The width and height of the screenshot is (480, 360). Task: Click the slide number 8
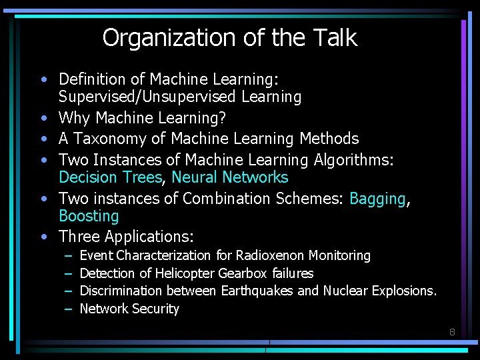click(451, 331)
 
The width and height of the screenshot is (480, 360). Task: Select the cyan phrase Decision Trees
click(110, 177)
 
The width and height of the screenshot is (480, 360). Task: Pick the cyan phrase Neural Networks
click(230, 177)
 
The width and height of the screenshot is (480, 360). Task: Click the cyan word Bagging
click(377, 199)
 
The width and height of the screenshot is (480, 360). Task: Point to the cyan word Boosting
click(89, 216)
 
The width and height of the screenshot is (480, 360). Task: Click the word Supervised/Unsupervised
click(147, 97)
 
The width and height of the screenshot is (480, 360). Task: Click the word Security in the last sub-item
click(157, 309)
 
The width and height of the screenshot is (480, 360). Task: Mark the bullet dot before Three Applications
click(43, 237)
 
